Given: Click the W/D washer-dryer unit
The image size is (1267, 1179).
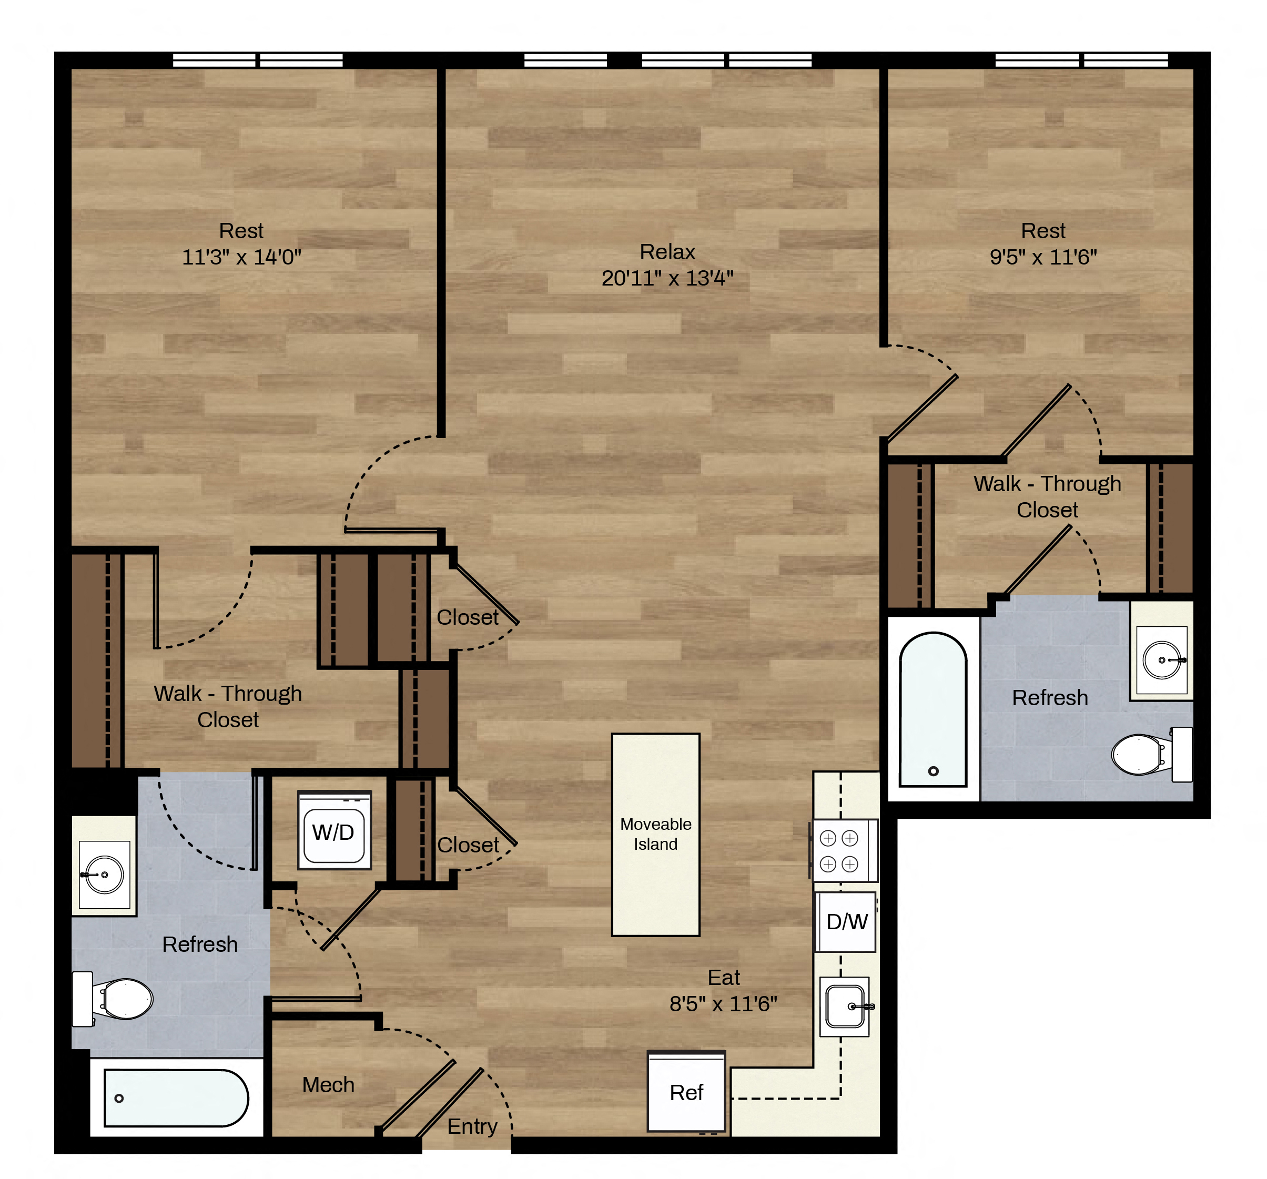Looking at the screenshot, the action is pyautogui.click(x=335, y=831).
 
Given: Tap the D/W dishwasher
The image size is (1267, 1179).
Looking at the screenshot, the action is pyautogui.click(x=846, y=921).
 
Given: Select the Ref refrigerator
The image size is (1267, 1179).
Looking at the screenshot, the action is pyautogui.click(x=686, y=1091).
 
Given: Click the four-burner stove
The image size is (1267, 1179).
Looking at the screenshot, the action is pyautogui.click(x=844, y=851).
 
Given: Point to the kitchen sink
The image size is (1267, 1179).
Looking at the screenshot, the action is pyautogui.click(x=845, y=1007).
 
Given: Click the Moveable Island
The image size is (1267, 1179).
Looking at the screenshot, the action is pyautogui.click(x=656, y=835).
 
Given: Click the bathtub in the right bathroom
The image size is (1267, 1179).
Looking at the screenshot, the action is pyautogui.click(x=933, y=709).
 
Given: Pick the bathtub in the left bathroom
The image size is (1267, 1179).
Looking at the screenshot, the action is pyautogui.click(x=176, y=1098).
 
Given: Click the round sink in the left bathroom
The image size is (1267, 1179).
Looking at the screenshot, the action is pyautogui.click(x=104, y=875).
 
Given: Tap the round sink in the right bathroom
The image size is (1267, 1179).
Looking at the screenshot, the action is pyautogui.click(x=1162, y=659).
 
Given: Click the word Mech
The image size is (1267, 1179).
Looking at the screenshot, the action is pyautogui.click(x=328, y=1085).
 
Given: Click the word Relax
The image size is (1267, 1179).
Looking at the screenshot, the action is pyautogui.click(x=667, y=252).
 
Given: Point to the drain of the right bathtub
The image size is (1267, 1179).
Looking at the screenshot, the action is pyautogui.click(x=934, y=771).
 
